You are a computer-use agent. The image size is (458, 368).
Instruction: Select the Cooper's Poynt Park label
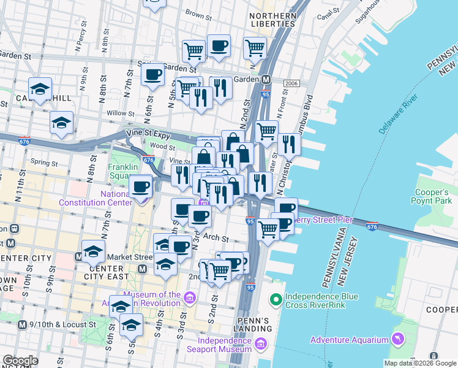pos(433,196)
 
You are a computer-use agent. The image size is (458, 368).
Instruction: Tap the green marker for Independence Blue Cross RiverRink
pos(276,300)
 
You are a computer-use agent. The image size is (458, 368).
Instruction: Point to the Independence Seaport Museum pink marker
pos(261,344)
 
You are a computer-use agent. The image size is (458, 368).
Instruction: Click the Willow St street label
pos(121,113)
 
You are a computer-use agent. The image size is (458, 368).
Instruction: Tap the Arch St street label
pos(219,239)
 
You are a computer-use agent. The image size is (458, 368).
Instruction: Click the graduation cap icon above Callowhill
pos(40,88)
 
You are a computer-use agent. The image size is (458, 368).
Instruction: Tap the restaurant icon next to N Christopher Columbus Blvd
pos(289,144)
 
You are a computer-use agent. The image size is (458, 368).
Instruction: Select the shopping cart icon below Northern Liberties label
pos(255,47)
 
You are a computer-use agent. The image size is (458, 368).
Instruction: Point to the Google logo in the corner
pos(20,361)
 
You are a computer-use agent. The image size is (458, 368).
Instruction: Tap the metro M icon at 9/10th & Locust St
pos(23,324)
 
